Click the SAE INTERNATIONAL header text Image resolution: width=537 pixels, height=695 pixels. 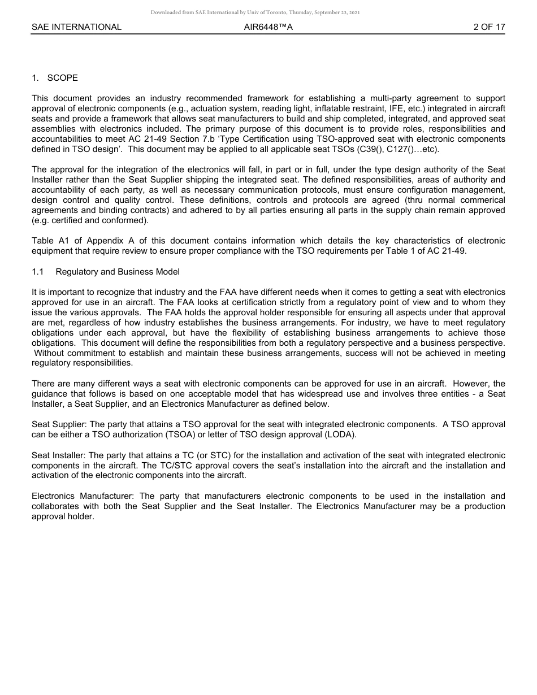[76, 27]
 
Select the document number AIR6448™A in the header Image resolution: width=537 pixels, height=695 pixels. [268, 27]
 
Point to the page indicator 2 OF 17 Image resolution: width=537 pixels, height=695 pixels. [489, 27]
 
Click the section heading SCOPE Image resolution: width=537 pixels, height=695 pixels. [62, 78]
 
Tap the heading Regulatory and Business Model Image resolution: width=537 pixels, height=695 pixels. [117, 272]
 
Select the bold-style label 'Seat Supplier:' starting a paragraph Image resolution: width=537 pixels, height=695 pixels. [59, 424]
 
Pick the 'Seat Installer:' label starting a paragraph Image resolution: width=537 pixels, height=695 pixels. [59, 455]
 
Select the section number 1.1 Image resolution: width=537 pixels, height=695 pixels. [38, 272]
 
